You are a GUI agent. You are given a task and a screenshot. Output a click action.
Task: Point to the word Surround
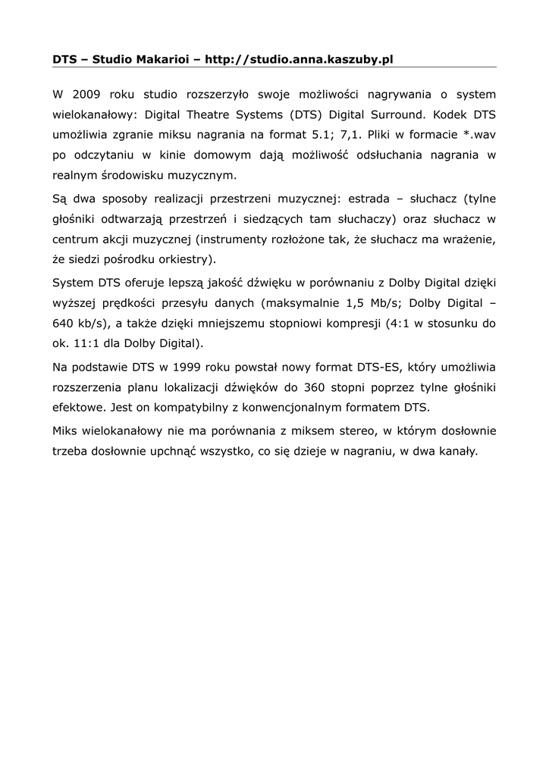click(397, 117)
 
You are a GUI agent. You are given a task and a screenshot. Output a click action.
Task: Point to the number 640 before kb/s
click(65, 324)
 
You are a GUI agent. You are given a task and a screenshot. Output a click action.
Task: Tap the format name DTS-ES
click(378, 368)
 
